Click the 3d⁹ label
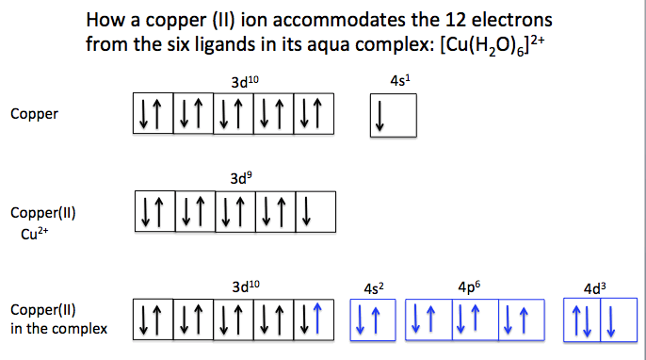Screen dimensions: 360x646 (x=240, y=177)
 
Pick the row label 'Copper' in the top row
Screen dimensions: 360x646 (x=35, y=114)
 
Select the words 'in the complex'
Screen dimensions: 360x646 (x=58, y=329)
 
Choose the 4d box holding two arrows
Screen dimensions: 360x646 (x=582, y=319)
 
